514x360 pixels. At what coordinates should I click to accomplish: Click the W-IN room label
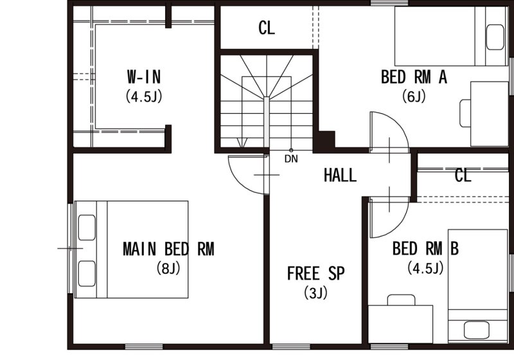click(x=144, y=76)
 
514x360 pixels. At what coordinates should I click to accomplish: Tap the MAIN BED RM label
click(x=168, y=249)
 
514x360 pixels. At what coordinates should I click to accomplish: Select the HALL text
click(x=340, y=175)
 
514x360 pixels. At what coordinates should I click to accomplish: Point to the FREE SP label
click(x=315, y=273)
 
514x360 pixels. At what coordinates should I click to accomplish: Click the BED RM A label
click(x=414, y=77)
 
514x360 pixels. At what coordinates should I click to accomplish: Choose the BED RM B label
click(x=425, y=248)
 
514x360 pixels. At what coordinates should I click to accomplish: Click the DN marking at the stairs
click(x=291, y=159)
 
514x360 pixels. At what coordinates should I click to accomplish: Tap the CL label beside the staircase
click(x=267, y=28)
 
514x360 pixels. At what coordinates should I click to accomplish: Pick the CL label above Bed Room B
click(x=463, y=175)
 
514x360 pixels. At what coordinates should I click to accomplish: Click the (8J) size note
click(x=168, y=268)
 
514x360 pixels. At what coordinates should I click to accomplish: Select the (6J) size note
click(x=414, y=96)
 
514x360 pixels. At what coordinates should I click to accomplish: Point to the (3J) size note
click(x=315, y=292)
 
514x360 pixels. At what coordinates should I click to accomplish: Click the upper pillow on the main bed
click(x=87, y=228)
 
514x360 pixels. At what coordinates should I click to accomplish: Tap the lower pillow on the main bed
click(x=87, y=273)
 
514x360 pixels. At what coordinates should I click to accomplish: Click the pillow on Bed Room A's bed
click(x=495, y=37)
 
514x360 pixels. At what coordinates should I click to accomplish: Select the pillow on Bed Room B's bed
click(x=477, y=330)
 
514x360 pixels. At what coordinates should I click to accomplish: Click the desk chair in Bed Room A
click(x=465, y=113)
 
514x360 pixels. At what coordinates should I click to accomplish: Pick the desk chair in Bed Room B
click(x=401, y=300)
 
